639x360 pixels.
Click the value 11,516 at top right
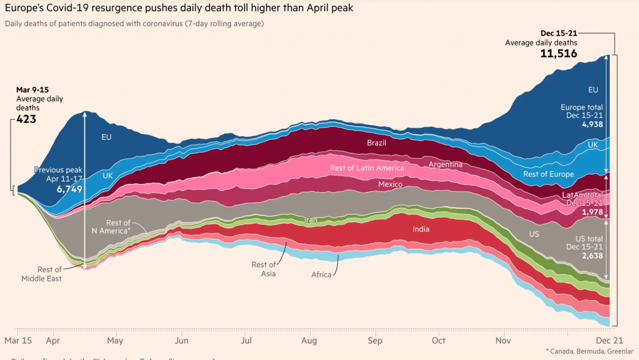[558, 54]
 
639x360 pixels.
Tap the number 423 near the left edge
[26, 119]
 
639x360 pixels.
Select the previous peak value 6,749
[69, 188]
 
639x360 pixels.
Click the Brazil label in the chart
[377, 143]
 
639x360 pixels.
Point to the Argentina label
[446, 164]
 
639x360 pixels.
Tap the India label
[421, 229]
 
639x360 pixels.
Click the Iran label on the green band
[311, 220]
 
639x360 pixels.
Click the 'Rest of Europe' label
[549, 174]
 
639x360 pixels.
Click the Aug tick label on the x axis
[310, 341]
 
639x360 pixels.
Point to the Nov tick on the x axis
[504, 341]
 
